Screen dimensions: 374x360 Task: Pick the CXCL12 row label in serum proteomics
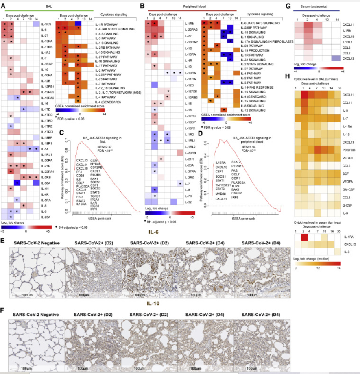point(348,59)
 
